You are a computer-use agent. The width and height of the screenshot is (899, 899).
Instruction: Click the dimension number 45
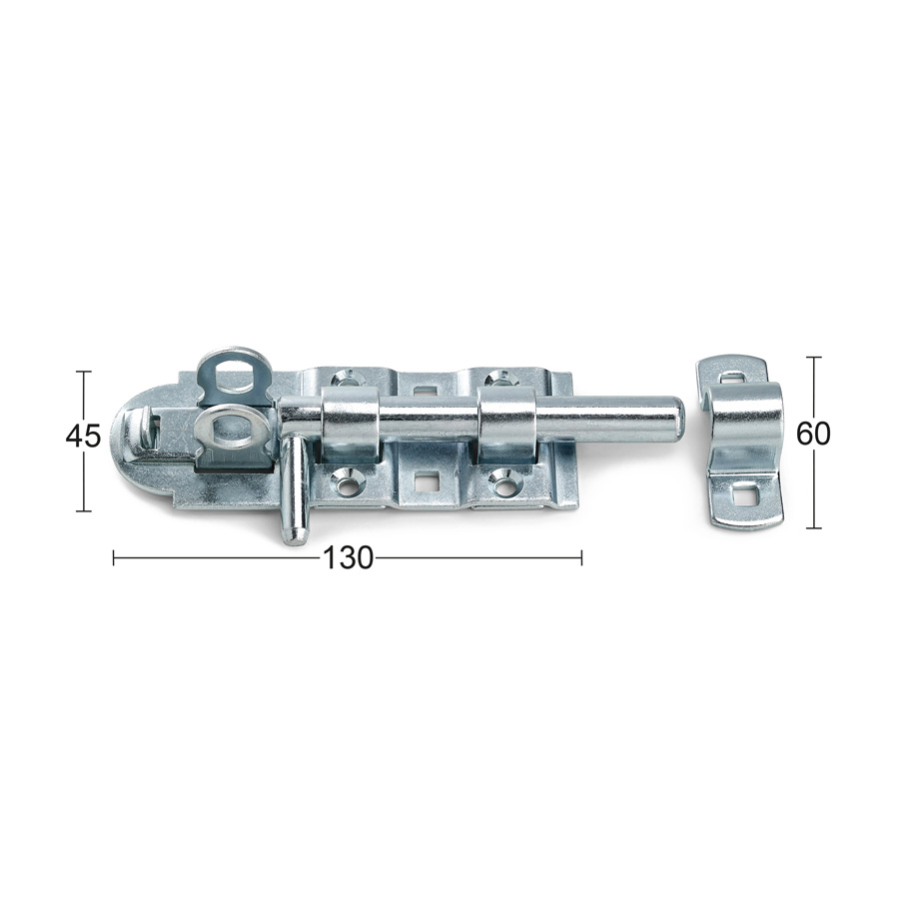[x=83, y=438]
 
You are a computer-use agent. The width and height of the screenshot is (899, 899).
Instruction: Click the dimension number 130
[x=348, y=557]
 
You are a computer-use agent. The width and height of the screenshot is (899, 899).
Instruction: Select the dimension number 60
[x=812, y=436]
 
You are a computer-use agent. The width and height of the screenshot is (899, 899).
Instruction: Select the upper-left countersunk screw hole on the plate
[x=346, y=378]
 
